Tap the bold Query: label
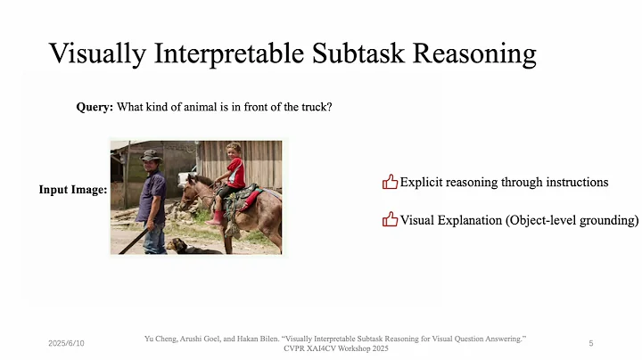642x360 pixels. [95, 108]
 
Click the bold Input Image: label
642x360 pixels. [72, 190]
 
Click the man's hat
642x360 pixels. [151, 155]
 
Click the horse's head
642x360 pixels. [191, 192]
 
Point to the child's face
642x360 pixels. [234, 151]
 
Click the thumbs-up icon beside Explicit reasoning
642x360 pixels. [390, 182]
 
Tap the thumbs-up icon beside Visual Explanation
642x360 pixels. [390, 219]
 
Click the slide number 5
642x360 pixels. [591, 343]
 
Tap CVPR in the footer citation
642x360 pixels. [297, 348]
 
